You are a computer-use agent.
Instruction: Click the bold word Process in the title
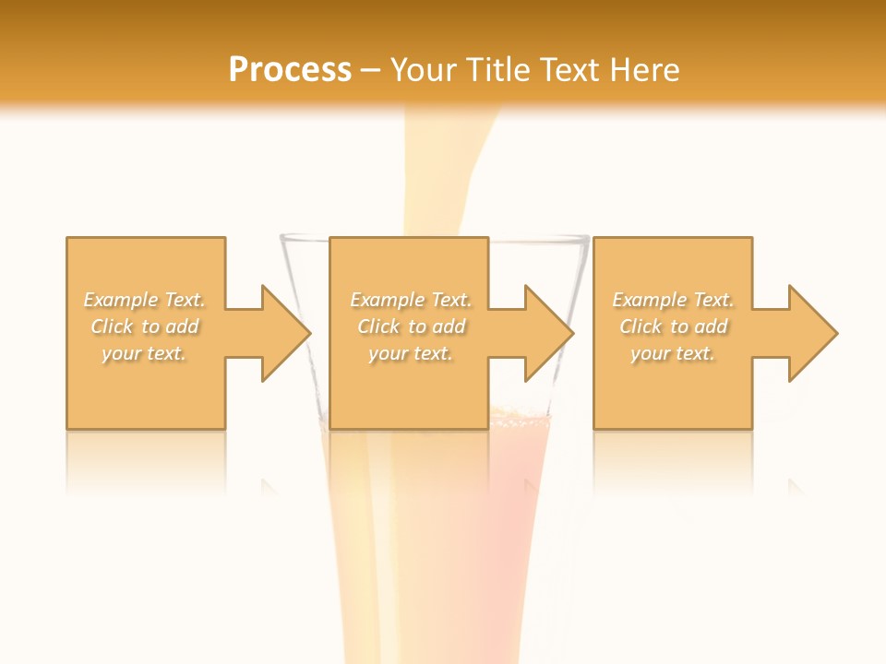click(x=290, y=70)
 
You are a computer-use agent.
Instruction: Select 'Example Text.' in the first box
click(x=144, y=300)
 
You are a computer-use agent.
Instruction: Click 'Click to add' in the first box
click(x=144, y=326)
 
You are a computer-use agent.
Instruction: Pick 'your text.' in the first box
click(x=144, y=353)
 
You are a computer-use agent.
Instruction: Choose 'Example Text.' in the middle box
click(x=411, y=300)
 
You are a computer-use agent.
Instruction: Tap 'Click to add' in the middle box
click(x=411, y=326)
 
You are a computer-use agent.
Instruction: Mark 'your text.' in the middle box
click(x=411, y=353)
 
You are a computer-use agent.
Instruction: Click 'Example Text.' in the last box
click(x=673, y=300)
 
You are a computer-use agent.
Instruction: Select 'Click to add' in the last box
click(x=673, y=326)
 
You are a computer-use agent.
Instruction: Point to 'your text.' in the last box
click(x=673, y=353)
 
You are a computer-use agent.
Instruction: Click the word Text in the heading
click(x=564, y=70)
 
